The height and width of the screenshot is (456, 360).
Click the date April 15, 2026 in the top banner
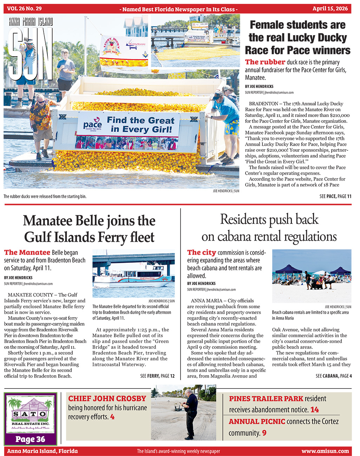330,9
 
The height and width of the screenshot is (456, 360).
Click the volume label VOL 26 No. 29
24,9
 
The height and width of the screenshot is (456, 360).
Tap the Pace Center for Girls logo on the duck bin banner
93,126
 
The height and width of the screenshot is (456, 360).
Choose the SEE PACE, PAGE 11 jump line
335,196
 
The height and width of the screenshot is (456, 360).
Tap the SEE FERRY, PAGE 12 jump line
157,376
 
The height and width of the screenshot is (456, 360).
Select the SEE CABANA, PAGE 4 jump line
333,376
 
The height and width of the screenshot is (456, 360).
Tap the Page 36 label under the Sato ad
30,439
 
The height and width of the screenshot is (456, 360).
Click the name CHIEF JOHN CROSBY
107,399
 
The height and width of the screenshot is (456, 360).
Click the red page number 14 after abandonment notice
314,410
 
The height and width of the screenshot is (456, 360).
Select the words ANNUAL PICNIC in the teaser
257,422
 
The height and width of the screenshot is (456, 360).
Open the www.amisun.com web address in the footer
325,451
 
